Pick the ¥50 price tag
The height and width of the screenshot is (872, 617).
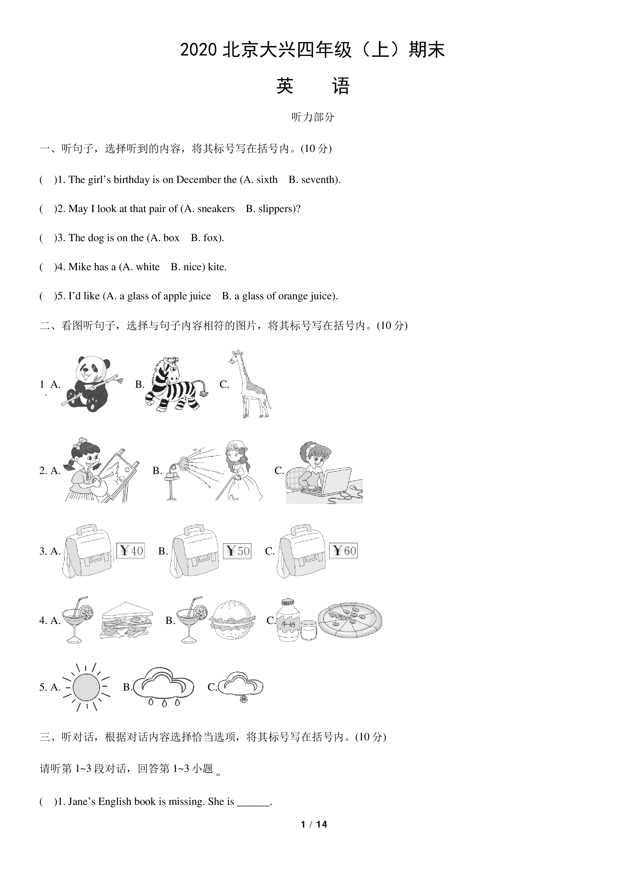pyautogui.click(x=237, y=551)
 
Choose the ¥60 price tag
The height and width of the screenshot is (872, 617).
pyautogui.click(x=343, y=551)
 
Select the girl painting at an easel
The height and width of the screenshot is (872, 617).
pyautogui.click(x=101, y=470)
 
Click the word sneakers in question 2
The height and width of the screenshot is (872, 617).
pyautogui.click(x=216, y=209)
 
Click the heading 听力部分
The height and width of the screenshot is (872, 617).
pyautogui.click(x=313, y=117)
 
